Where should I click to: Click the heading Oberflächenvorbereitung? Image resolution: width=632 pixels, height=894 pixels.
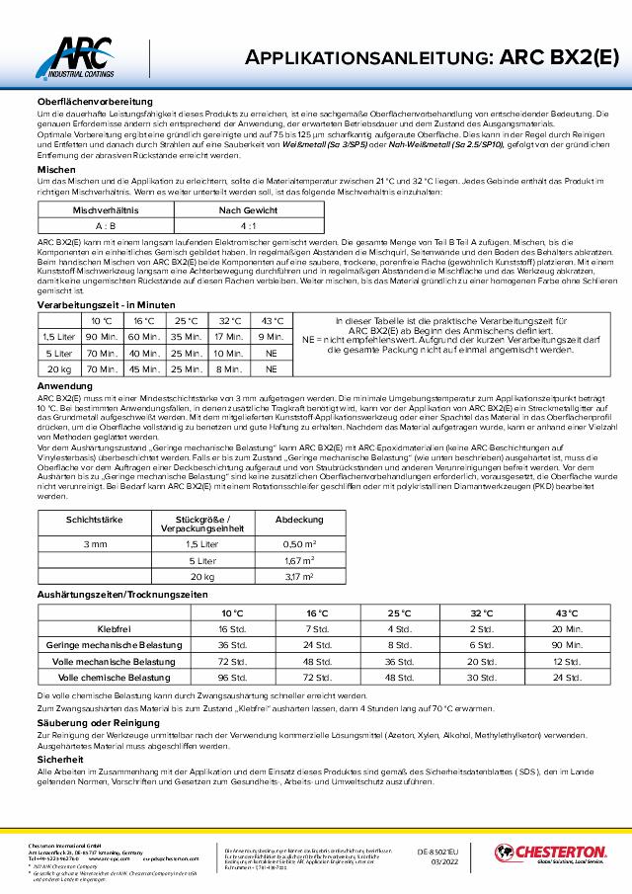point(95,103)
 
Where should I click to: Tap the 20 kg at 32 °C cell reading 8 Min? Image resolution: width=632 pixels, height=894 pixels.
point(228,367)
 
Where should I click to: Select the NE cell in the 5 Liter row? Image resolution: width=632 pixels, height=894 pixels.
point(271,352)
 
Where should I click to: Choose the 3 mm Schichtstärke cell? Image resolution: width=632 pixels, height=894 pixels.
point(96,544)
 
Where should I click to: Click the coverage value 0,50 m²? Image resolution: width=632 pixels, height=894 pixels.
point(298,544)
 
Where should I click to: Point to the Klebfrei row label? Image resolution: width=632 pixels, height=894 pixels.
point(116,628)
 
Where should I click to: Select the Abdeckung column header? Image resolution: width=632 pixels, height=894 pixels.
point(298,518)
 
